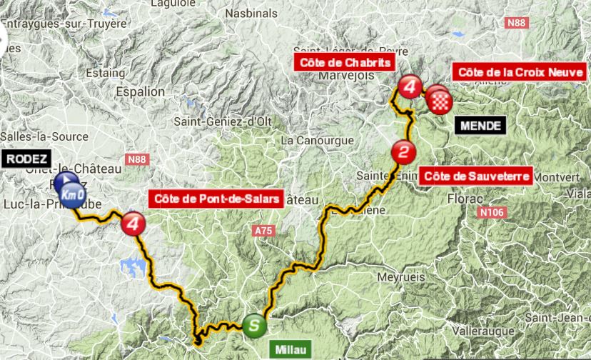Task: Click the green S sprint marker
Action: [255, 326]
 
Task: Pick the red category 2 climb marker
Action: [403, 152]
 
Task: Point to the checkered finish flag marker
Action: [440, 103]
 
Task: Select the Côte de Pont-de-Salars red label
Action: [215, 198]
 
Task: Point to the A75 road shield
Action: [264, 231]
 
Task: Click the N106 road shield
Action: [492, 212]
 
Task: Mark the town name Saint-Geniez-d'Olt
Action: [224, 121]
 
